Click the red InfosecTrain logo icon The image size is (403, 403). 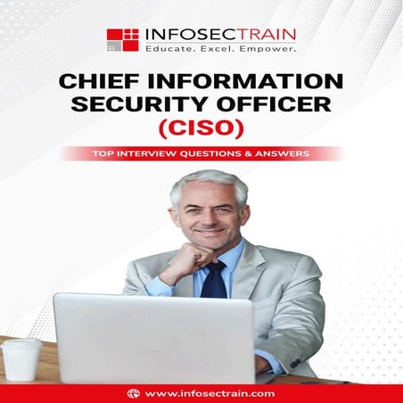coord(122,39)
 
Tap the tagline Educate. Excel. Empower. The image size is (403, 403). coord(220,49)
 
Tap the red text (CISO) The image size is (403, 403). coord(202,130)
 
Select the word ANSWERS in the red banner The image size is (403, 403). coord(281,153)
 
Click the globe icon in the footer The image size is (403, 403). coord(133,392)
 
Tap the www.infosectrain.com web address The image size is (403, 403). coord(210,392)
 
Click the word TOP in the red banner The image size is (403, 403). coord(104,153)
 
